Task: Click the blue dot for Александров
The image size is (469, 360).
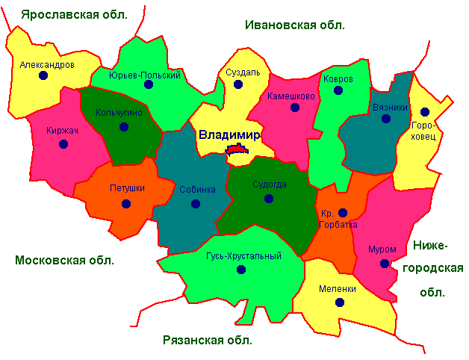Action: pos(43,76)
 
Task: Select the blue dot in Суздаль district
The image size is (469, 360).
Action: pos(238,84)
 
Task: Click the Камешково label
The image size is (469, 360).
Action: pos(291,96)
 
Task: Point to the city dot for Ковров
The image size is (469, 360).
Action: pos(338,90)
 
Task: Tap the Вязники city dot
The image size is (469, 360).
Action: pos(386,118)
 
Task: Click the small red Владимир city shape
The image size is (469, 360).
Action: pos(237,150)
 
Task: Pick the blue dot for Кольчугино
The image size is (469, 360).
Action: pos(124,126)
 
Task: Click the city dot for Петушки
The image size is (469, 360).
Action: pos(125,203)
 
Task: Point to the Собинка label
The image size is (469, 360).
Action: pos(197,189)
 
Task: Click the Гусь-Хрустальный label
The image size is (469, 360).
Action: pos(243,256)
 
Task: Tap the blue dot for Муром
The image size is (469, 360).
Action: pos(385,264)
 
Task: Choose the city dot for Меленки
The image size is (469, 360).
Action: pos(340,302)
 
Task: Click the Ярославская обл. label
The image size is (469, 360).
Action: pos(74,14)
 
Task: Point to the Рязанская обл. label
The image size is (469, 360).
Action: pos(208,341)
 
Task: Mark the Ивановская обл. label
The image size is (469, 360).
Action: pos(294,25)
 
